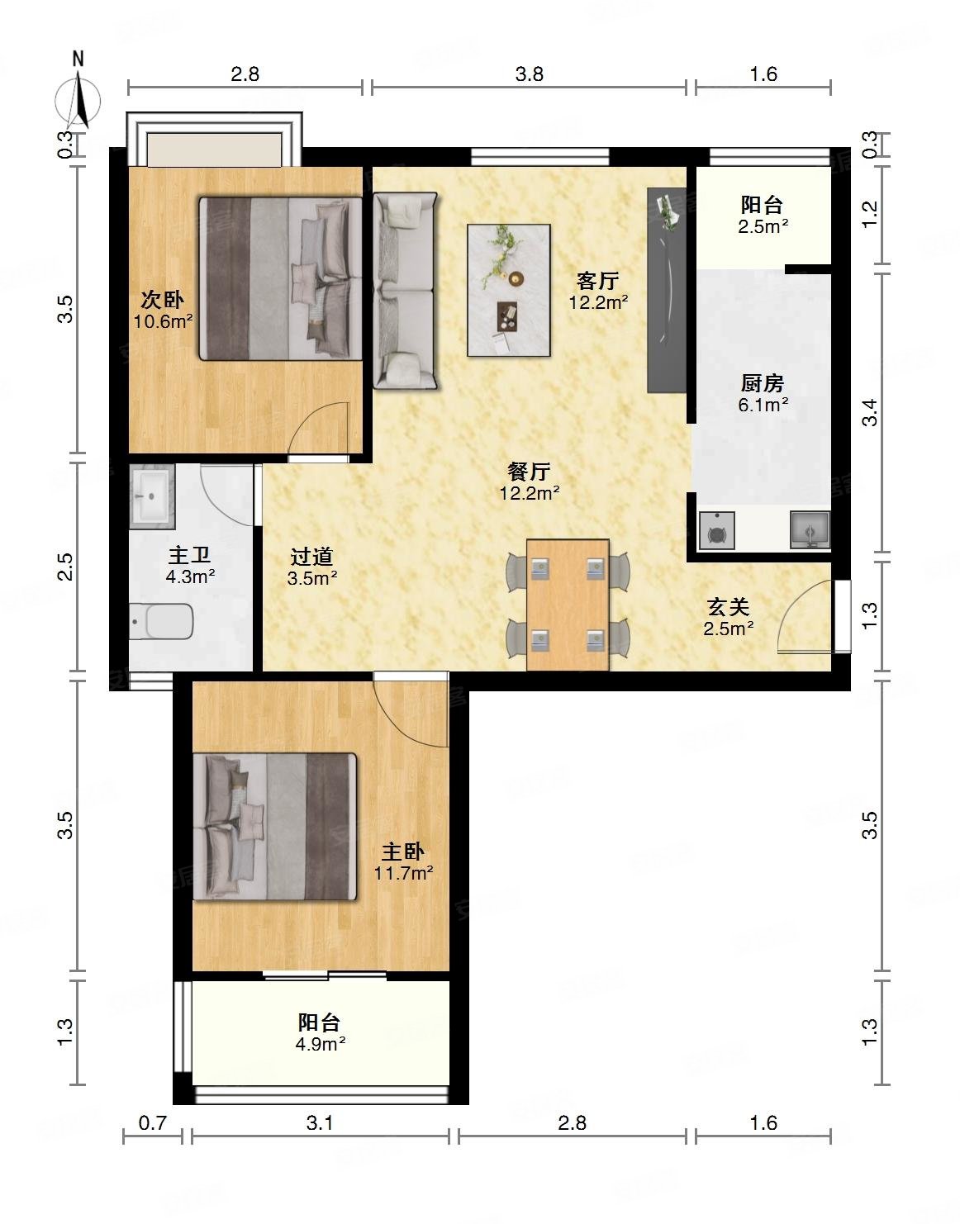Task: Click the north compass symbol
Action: click(78, 95)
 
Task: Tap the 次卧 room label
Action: click(162, 299)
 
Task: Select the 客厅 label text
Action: click(598, 280)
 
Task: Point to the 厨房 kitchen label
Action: click(763, 383)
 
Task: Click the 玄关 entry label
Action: click(729, 607)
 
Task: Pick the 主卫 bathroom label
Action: click(189, 555)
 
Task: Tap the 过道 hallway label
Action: click(311, 557)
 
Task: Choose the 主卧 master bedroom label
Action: click(403, 852)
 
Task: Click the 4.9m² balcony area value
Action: click(320, 1044)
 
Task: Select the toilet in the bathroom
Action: click(161, 621)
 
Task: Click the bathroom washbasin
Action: click(151, 496)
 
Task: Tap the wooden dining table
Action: click(568, 605)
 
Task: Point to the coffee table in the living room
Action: click(509, 290)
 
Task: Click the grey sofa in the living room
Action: click(405, 291)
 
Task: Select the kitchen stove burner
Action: click(716, 530)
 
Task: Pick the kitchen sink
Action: click(810, 529)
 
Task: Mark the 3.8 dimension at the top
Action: click(529, 74)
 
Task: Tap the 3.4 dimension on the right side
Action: click(871, 412)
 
